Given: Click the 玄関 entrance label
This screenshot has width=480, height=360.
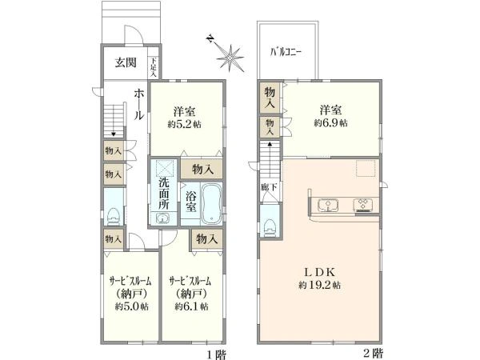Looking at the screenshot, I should click(x=124, y=62).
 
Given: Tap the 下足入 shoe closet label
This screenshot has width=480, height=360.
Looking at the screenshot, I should click(x=153, y=62).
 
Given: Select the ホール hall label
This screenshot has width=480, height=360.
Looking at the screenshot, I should click(x=138, y=103).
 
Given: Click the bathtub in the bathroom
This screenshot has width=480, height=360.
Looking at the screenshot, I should click(x=211, y=203).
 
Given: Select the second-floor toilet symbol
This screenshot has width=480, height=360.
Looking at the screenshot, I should click(x=269, y=217).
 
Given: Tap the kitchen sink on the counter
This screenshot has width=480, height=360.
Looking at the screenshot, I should click(x=328, y=205).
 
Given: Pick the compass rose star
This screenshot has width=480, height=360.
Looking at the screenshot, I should click(x=232, y=58).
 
